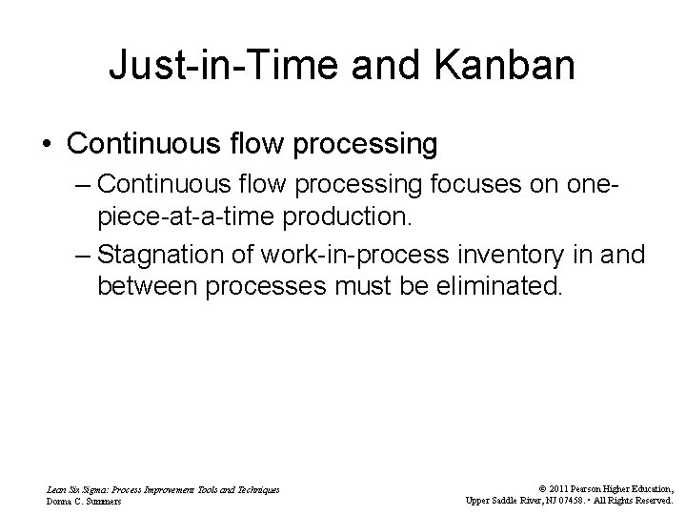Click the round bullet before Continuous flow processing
pyautogui.click(x=47, y=145)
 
